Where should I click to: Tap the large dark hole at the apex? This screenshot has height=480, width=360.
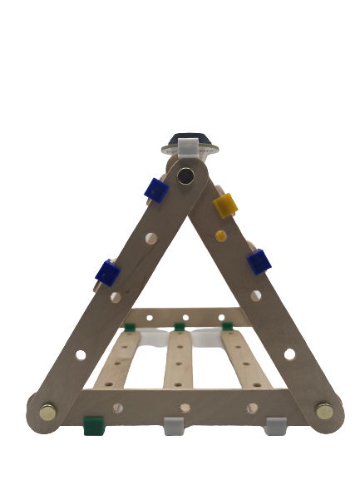click(185, 176)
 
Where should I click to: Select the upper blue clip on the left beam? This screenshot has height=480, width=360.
click(155, 191)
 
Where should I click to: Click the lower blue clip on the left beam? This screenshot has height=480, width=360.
click(108, 271)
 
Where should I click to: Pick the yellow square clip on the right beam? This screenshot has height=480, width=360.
click(225, 203)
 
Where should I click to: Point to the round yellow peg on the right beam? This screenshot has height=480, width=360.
click(221, 235)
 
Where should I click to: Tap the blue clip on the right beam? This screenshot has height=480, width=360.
click(259, 262)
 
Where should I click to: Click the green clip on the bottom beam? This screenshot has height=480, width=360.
click(93, 426)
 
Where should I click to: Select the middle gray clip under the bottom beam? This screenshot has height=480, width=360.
click(173, 424)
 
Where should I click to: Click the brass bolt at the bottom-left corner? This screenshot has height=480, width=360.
click(48, 410)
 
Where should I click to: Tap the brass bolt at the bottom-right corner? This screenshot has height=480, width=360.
click(324, 410)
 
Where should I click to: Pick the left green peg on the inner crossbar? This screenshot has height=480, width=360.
click(130, 326)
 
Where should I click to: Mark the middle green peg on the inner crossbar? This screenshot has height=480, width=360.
click(179, 326)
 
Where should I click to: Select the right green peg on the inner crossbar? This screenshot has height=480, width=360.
click(227, 327)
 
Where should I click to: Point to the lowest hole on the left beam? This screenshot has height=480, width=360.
click(81, 354)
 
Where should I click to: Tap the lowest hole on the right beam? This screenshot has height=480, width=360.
click(288, 354)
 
